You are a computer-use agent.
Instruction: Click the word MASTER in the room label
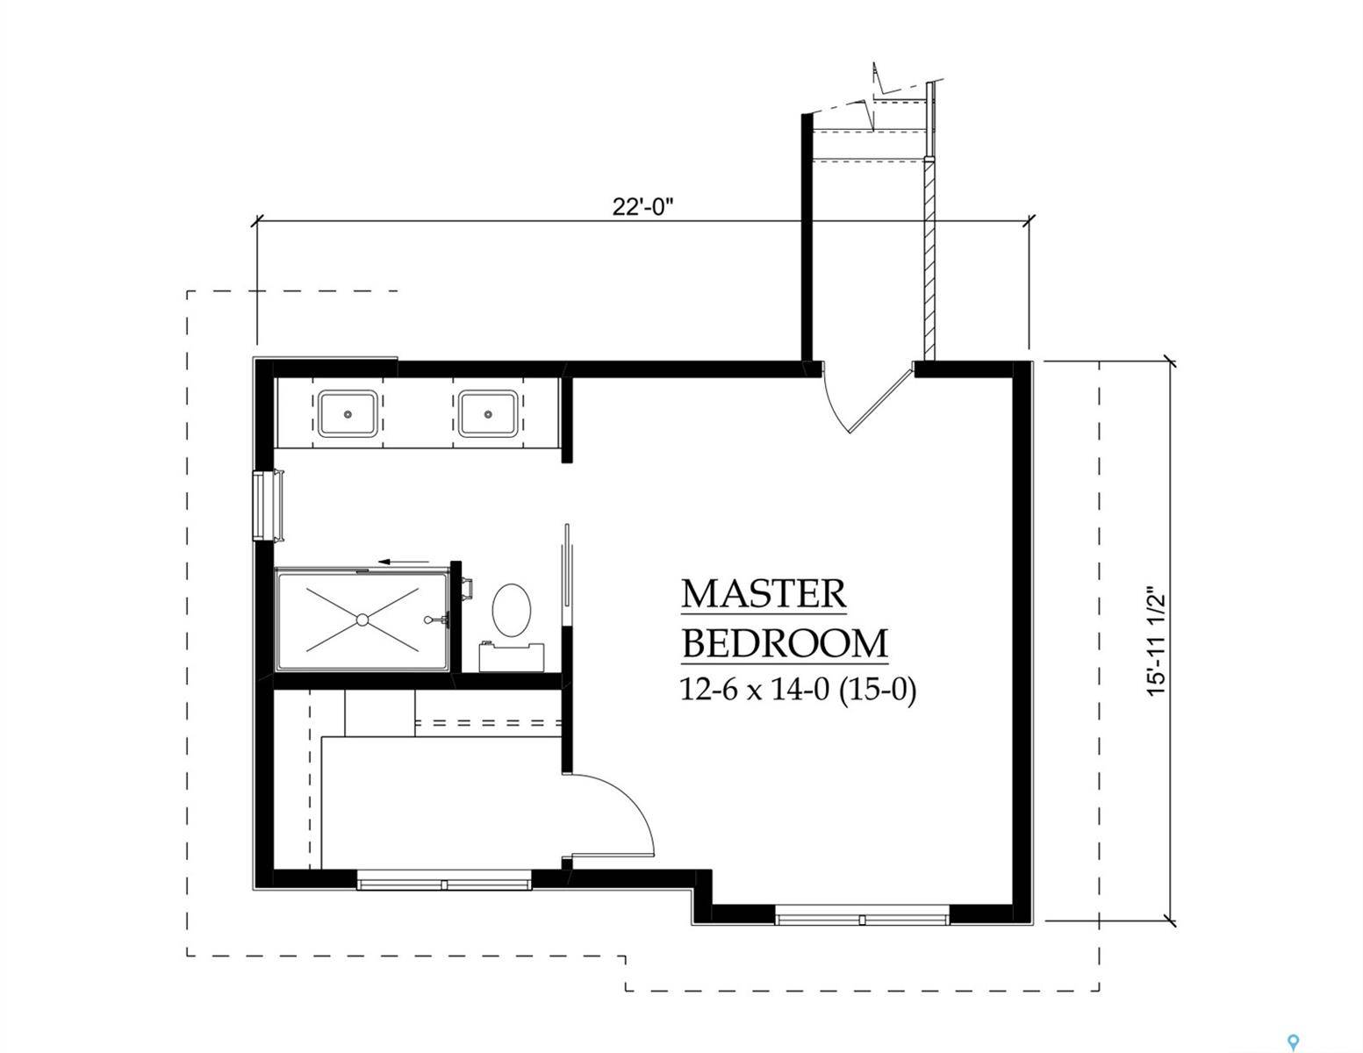coord(764,594)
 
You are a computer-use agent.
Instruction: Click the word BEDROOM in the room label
coord(785,643)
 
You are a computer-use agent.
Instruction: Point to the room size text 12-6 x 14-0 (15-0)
coord(798,691)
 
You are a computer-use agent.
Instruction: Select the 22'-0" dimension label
coord(642,207)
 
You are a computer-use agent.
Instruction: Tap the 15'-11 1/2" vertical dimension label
coord(1158,642)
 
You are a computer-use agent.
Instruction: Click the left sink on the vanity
coord(348,413)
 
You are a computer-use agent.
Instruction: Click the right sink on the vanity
coord(487,413)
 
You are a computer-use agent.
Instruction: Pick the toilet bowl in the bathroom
coord(512,610)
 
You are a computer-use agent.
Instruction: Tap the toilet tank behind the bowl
coord(512,655)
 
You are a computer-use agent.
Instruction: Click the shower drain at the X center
coord(362,620)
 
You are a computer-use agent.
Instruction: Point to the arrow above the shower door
coord(404,562)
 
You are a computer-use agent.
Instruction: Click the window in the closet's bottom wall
coord(444,880)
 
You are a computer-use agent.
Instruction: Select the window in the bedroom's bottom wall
coord(863,919)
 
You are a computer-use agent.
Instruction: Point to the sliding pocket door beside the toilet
coord(567,575)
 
